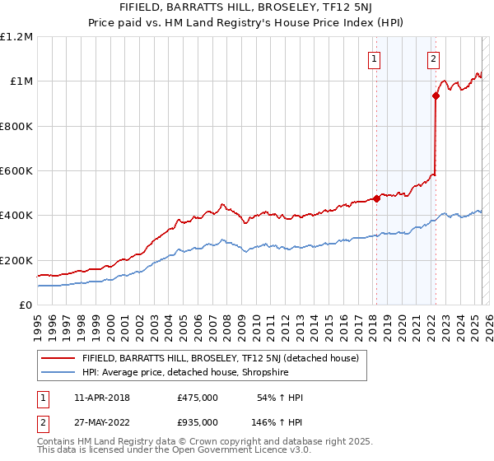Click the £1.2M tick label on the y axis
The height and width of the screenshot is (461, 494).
pos(16,37)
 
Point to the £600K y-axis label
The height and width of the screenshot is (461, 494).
pos(16,171)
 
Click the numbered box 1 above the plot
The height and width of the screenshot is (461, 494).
pos(375,58)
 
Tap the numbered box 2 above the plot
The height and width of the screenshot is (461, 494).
pos(433,58)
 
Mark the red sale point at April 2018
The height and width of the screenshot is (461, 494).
pos(376,198)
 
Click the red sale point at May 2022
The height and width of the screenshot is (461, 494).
pos(436,95)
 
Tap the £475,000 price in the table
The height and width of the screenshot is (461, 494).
pos(198,398)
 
